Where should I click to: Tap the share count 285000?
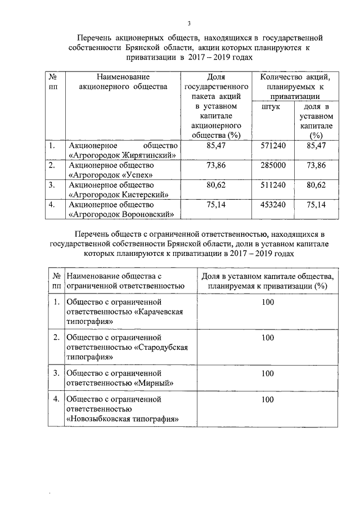(x=273, y=165)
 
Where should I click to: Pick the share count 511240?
(x=273, y=184)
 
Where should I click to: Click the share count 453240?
(x=273, y=205)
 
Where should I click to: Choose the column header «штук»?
(x=272, y=106)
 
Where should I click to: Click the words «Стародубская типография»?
(x=132, y=352)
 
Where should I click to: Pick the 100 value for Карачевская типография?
(x=268, y=302)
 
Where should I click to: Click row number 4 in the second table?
(x=56, y=399)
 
